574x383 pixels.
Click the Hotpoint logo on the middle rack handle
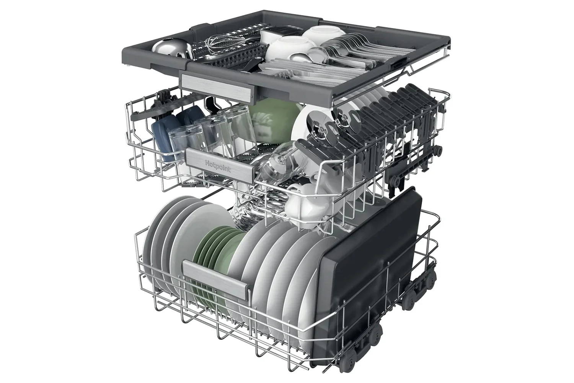click(x=218, y=166)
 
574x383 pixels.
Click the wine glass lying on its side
click(x=279, y=164)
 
